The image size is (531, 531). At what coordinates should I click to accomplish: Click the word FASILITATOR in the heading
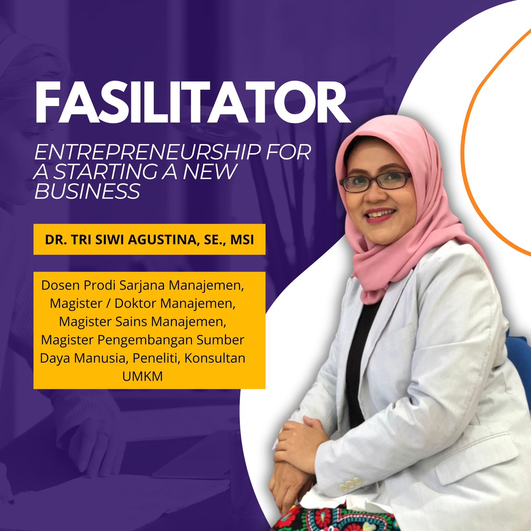click(192, 103)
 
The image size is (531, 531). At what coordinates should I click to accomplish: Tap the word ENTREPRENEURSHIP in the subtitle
click(147, 152)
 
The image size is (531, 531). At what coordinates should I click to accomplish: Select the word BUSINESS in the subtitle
click(88, 191)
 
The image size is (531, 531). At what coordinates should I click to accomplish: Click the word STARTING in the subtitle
click(105, 172)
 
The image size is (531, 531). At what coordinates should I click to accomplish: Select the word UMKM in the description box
click(143, 376)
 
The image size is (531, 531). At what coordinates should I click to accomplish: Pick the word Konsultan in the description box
click(215, 358)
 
